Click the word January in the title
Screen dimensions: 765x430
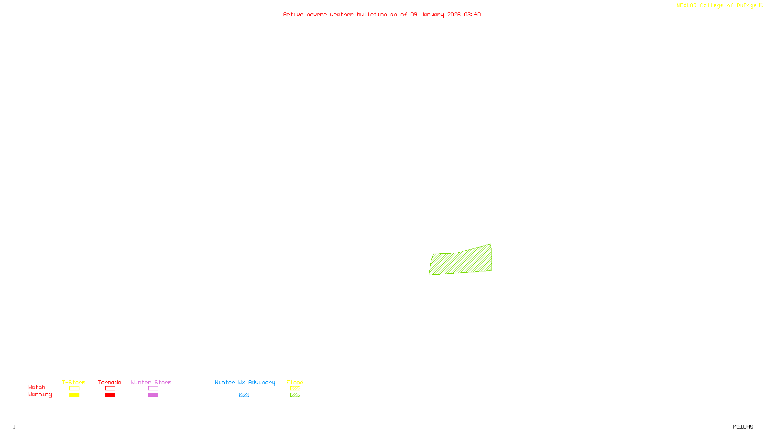432,14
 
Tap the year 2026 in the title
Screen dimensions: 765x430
454,14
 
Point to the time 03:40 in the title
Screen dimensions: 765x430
472,14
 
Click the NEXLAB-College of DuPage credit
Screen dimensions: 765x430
717,5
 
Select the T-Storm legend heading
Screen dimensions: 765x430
74,382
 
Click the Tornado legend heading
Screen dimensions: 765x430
109,382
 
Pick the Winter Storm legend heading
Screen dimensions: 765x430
151,382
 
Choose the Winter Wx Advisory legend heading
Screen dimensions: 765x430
245,382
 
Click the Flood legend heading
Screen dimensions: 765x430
295,382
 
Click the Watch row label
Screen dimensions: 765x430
37,387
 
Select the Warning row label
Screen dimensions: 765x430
40,395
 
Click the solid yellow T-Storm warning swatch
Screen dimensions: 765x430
74,395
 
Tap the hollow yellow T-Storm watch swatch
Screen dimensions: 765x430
74,388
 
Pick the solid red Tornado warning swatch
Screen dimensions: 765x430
110,395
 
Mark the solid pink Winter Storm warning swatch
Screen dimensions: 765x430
153,395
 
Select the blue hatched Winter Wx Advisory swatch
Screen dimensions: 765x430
244,395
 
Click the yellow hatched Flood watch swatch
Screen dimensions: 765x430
295,388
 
